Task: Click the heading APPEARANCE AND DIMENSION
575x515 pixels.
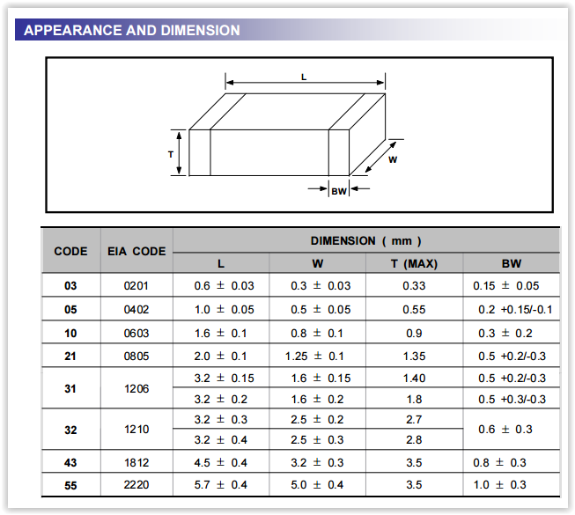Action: coord(132,31)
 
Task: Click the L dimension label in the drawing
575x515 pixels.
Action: coord(304,77)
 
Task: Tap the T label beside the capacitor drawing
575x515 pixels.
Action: coord(171,154)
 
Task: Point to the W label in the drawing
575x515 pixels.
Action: coord(393,159)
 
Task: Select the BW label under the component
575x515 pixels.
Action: coord(339,191)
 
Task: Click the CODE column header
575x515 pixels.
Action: coord(70,251)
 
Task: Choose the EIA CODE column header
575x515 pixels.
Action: coord(136,251)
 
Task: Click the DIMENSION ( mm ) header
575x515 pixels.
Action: coord(365,240)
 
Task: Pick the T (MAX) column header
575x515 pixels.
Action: coord(414,263)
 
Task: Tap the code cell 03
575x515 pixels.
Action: coord(70,285)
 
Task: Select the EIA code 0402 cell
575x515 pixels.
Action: coord(136,309)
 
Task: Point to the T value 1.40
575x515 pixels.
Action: coord(413,379)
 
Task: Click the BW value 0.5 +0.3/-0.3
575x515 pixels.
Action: coord(512,399)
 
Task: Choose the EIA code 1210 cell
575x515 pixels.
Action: coord(136,430)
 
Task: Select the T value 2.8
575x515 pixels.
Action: coord(413,439)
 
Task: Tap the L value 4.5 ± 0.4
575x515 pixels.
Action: coord(220,462)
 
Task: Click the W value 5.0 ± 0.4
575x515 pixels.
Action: coord(317,485)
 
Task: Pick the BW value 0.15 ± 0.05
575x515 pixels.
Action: coord(512,285)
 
